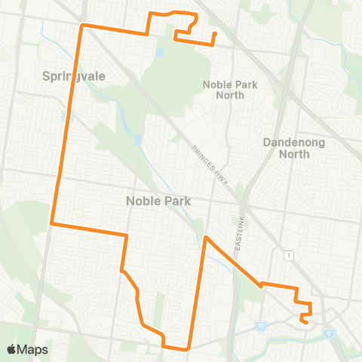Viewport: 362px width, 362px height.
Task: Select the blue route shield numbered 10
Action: coord(261,326)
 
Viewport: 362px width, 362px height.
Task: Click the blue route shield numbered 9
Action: coord(328,331)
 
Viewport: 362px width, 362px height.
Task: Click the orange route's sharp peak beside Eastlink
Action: coord(205,238)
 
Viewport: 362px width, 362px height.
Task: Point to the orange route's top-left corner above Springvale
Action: coord(82,25)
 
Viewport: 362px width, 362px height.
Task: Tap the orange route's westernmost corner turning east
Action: coord(51,223)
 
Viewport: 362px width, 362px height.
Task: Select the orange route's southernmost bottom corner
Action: coord(186,349)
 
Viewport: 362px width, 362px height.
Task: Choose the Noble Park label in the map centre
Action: coord(158,201)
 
